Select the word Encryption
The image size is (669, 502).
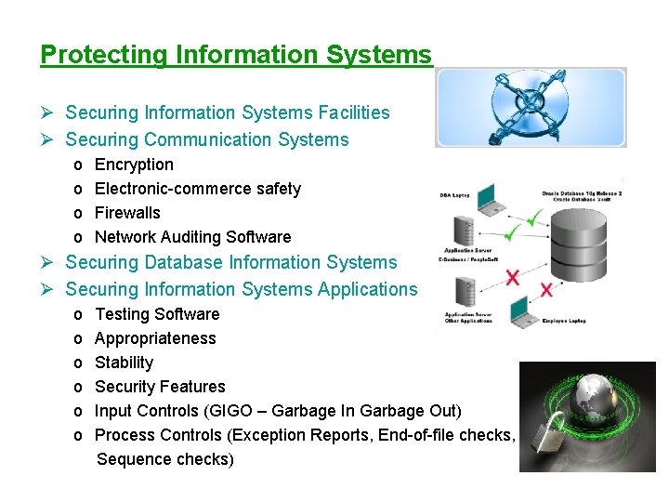point(134,165)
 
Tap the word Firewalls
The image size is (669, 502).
point(127,213)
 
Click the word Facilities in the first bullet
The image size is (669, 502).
point(354,113)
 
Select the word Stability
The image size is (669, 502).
point(124,363)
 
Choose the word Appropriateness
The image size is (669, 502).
point(155,338)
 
